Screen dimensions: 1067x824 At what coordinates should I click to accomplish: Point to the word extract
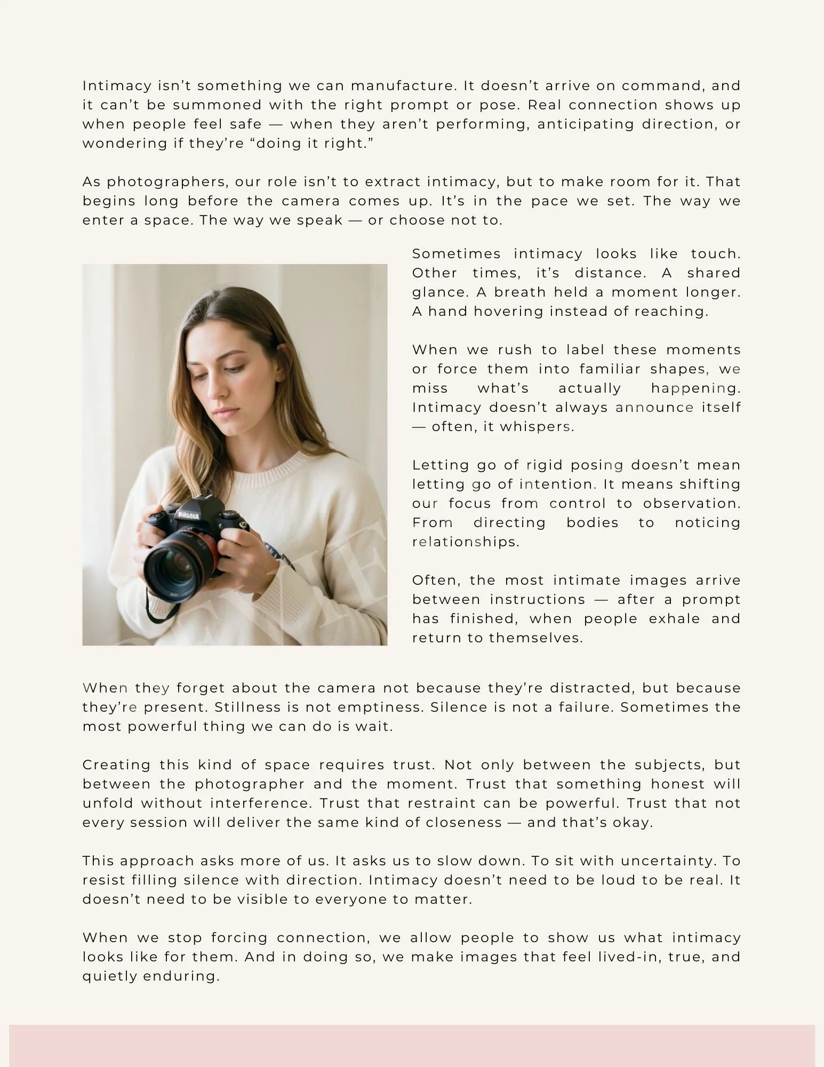point(393,182)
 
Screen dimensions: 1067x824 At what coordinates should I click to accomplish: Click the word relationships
point(465,542)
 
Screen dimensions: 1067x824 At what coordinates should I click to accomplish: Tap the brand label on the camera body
point(189,515)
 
